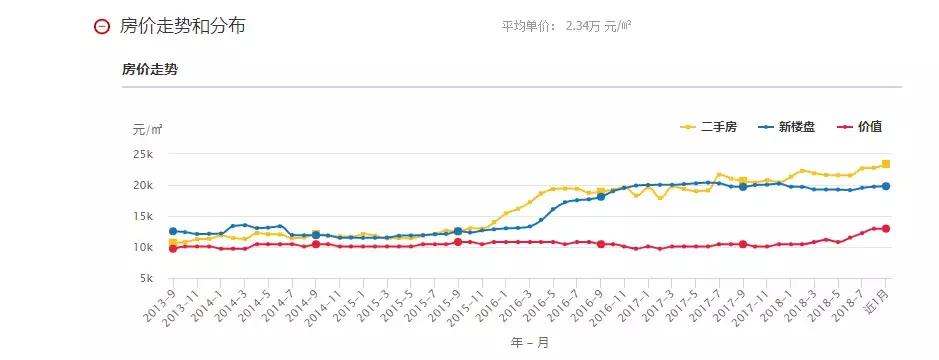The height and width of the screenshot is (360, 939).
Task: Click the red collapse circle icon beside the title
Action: tap(100, 26)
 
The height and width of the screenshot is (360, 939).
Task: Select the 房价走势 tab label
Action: tap(150, 69)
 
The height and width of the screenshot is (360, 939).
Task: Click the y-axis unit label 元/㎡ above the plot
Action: tap(147, 129)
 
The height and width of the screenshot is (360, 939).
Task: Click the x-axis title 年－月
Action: tap(527, 340)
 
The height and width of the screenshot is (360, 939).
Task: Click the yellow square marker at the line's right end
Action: tap(886, 164)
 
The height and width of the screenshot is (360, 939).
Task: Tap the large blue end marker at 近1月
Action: tap(886, 186)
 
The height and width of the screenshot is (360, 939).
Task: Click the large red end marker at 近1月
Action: tap(886, 229)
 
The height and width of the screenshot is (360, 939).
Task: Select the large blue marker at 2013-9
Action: tap(173, 231)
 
